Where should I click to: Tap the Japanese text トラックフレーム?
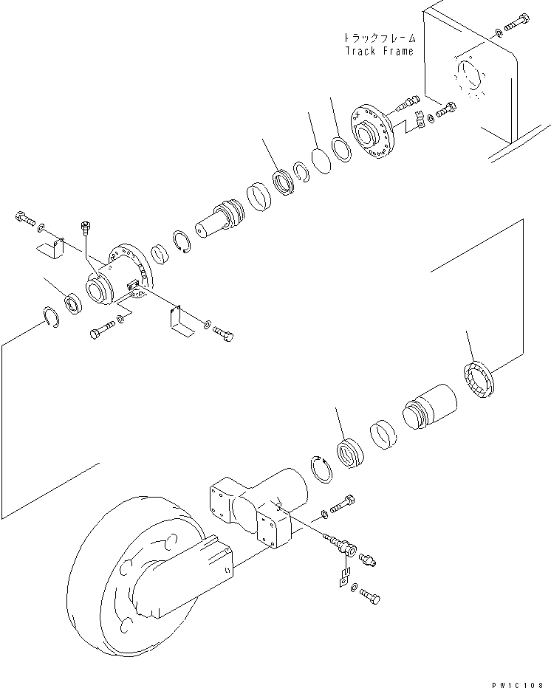pyautogui.click(x=380, y=37)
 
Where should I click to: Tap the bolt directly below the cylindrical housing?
pyautogui.click(x=103, y=331)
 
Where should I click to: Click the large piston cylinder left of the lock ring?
pyautogui.click(x=430, y=405)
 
